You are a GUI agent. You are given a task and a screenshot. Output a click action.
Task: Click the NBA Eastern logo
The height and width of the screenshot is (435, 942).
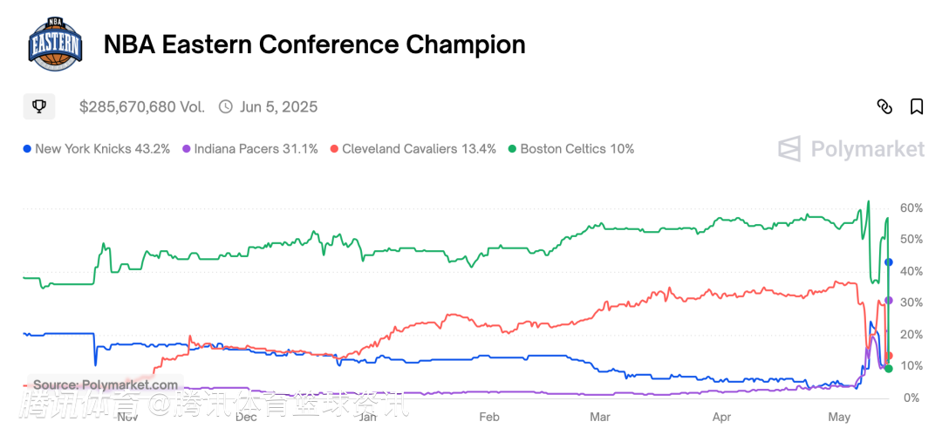56,44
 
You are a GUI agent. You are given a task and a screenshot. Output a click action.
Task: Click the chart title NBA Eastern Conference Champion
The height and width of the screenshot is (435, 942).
314,45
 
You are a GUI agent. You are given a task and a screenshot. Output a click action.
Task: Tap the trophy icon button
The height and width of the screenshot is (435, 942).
39,106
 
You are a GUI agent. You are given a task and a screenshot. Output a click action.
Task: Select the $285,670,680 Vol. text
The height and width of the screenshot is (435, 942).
142,107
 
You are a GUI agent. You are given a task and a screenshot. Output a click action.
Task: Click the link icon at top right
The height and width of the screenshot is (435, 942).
884,106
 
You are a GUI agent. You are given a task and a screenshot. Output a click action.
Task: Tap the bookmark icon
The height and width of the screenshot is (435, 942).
917,106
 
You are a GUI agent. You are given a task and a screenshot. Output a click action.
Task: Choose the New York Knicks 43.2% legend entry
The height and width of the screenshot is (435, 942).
97,149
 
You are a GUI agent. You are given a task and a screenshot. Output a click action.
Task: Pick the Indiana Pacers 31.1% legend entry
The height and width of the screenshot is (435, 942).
250,149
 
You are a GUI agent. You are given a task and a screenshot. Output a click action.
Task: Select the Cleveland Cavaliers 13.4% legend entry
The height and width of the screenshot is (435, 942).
413,149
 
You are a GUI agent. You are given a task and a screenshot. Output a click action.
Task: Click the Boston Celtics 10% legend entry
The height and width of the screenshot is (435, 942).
571,149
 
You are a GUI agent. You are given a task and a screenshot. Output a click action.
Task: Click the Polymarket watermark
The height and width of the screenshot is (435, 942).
851,149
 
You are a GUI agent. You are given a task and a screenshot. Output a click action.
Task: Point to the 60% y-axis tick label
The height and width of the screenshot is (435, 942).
911,208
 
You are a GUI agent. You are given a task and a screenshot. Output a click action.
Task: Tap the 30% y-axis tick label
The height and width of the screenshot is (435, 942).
911,302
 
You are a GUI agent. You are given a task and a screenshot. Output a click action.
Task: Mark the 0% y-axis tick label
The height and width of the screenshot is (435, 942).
911,398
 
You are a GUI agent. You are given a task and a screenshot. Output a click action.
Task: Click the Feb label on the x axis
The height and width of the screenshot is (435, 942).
489,418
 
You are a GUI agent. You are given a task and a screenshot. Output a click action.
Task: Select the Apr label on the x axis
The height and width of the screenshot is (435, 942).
721,418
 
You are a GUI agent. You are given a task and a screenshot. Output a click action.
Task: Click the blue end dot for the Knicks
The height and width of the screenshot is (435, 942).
889,262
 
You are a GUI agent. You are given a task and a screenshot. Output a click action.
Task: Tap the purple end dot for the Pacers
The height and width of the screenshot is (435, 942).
889,300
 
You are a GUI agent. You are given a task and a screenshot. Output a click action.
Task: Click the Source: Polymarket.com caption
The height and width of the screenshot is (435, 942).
106,384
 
